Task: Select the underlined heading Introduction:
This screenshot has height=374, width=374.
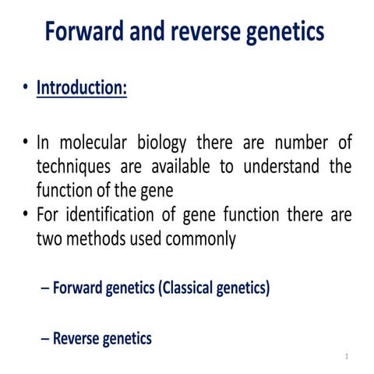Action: (81, 88)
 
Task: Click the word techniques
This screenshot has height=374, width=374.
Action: (72, 167)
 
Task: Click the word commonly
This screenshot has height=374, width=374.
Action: (202, 238)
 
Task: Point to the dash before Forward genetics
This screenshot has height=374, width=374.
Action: (44, 288)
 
